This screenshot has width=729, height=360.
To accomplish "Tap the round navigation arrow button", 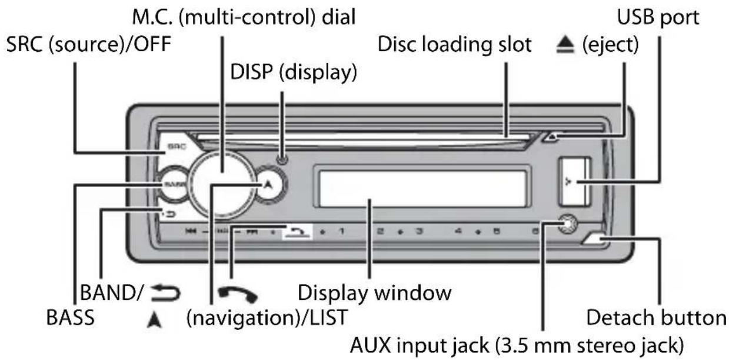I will coord(268,184).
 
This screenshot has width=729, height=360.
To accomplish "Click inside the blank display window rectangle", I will coord(421,186).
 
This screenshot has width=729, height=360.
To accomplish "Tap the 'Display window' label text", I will coord(375,292).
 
